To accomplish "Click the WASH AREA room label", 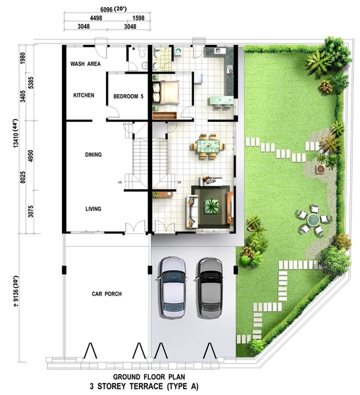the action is tap(86, 64).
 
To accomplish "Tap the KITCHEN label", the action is tap(84, 95).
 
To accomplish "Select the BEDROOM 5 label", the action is tap(128, 96).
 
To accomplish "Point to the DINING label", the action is tap(93, 155).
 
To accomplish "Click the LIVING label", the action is tap(93, 209).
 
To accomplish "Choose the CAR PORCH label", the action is tap(107, 294).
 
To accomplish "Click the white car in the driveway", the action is tap(172, 287).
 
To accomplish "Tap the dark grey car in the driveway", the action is tap(209, 288).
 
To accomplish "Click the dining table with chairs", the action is tap(208, 147).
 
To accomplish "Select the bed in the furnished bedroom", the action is tap(166, 93).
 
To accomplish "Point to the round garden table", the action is tap(313, 220).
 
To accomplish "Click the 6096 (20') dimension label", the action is tap(113, 9).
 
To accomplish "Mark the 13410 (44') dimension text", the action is tap(16, 133).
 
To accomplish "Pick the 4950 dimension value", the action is tap(31, 156).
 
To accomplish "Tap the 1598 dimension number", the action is tap(139, 18).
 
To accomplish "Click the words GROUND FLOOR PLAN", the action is tap(149, 377).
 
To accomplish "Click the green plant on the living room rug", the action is tap(211, 206).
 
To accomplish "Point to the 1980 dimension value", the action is tap(23, 58).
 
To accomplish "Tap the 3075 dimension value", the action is tap(31, 211).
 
